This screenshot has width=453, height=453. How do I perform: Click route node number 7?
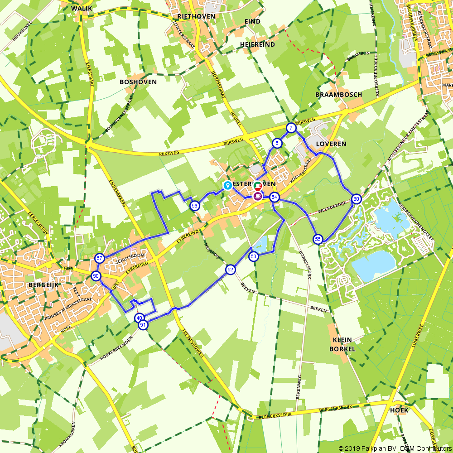(291, 128)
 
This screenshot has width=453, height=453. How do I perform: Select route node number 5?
(277, 144)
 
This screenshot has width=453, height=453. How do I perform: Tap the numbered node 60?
(357, 199)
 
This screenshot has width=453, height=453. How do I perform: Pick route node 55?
(318, 239)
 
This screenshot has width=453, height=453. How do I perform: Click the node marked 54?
(274, 197)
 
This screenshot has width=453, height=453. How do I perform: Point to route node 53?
(254, 257)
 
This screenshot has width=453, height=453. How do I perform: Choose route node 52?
(230, 270)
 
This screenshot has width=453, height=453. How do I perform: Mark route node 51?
(143, 325)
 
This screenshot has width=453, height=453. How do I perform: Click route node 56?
(195, 206)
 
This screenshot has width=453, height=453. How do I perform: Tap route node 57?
(99, 258)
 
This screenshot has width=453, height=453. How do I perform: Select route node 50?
(96, 276)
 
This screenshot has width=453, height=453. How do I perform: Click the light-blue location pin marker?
(227, 185)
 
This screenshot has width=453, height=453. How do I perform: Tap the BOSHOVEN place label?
(138, 82)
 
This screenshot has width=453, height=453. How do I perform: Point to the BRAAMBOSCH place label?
(339, 95)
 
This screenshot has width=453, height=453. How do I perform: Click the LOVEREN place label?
(331, 144)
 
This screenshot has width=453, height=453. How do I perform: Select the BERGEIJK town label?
(44, 285)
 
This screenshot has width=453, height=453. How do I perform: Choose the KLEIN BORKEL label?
(342, 344)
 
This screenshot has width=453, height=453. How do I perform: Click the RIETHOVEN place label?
(197, 16)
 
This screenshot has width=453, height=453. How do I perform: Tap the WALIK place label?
(82, 8)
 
